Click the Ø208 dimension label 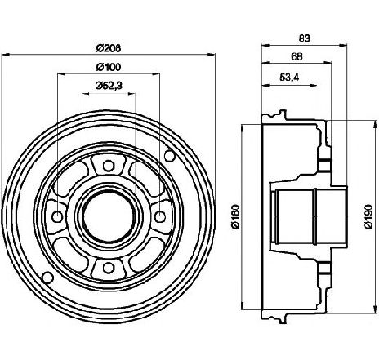(x=109, y=48)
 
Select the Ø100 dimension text (x=109, y=67)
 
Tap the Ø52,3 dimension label (x=109, y=86)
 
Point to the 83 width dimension (x=304, y=38)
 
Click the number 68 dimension (x=297, y=56)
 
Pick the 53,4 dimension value (x=289, y=78)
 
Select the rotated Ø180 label (x=236, y=216)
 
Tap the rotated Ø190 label (x=368, y=216)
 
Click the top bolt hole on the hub (x=109, y=166)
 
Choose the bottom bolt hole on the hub (x=109, y=268)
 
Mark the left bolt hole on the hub (x=57, y=217)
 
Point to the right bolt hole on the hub (x=159, y=217)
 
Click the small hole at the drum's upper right (x=170, y=156)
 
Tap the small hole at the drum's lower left (x=47, y=278)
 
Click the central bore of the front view (x=109, y=217)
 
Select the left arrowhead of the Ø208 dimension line (x=6, y=55)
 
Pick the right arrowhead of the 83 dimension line (x=343, y=46)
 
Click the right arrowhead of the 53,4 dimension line (x=313, y=86)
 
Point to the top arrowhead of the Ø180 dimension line (x=242, y=128)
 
